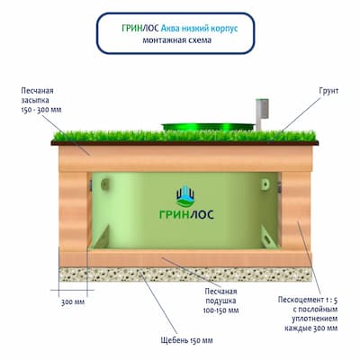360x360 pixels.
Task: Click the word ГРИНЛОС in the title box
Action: tap(140, 29)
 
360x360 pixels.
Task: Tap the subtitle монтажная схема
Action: tap(176, 40)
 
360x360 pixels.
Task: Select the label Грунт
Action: tap(328, 91)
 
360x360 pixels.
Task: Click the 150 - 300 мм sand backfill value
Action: tap(41, 110)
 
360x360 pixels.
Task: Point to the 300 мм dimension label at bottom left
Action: tap(73, 301)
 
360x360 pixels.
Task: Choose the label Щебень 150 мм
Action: tap(186, 340)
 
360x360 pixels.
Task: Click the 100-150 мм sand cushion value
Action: tap(220, 310)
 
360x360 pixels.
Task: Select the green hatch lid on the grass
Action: tap(208, 127)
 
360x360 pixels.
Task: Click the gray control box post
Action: tap(259, 114)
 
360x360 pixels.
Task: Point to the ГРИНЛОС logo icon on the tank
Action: tap(185, 196)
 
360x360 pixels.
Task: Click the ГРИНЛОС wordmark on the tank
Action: tap(186, 214)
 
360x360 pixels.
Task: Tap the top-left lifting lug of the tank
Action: tap(104, 184)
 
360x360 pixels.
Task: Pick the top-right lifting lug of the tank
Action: tap(265, 184)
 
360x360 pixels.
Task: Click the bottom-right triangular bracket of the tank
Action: tap(269, 238)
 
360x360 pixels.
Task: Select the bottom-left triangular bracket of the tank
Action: tap(101, 238)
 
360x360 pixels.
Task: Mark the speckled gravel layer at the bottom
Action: tap(185, 274)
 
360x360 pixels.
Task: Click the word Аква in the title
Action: tap(171, 29)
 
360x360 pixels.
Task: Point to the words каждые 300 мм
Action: tap(311, 328)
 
